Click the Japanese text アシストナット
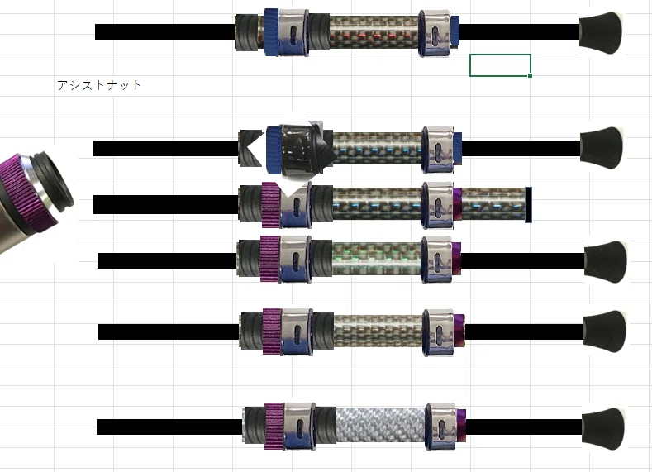[x=99, y=85]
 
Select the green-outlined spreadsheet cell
[x=500, y=65]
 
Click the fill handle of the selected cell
[x=530, y=76]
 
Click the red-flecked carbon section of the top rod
[x=374, y=33]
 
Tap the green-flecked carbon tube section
[x=376, y=259]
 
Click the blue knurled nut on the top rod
[x=272, y=32]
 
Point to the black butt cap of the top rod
[x=601, y=33]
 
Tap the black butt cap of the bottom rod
[x=603, y=428]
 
